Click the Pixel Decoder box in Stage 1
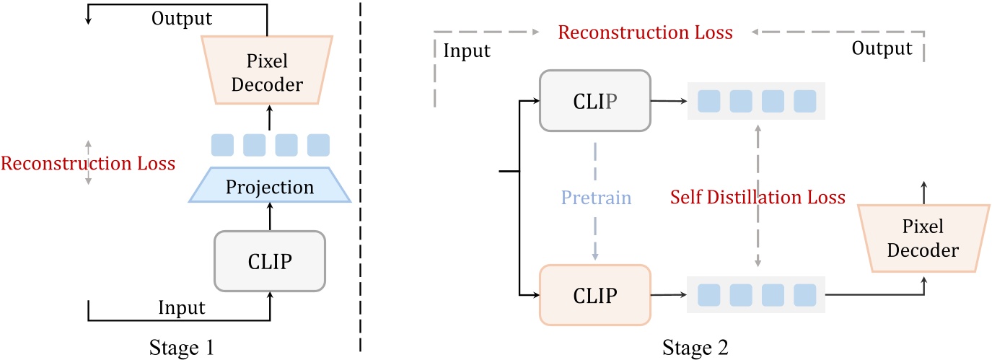click(x=268, y=71)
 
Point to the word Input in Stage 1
click(x=181, y=308)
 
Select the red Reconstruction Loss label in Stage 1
click(x=88, y=163)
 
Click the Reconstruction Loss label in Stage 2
click(x=646, y=32)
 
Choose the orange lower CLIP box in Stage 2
click(x=594, y=295)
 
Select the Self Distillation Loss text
click(x=758, y=196)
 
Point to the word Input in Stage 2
click(x=467, y=51)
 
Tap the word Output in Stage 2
click(x=882, y=49)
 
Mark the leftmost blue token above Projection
click(x=222, y=145)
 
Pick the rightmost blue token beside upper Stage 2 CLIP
click(x=804, y=102)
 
